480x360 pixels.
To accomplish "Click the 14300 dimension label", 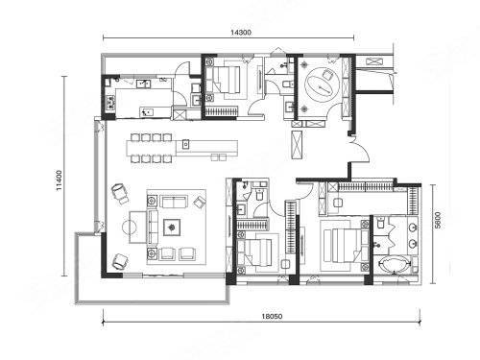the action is click(x=241, y=32).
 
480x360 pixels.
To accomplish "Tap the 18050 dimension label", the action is click(x=272, y=316).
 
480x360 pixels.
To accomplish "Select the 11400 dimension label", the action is click(x=60, y=180).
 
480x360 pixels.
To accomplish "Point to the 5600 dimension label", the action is click(x=438, y=220).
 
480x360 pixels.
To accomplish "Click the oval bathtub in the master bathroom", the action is click(x=394, y=264).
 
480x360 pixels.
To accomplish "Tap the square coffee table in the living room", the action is click(x=172, y=228).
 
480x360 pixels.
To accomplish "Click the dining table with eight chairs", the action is click(x=151, y=148).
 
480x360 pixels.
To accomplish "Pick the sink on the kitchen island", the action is click(x=185, y=145).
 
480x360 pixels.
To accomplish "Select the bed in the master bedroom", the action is click(x=342, y=245).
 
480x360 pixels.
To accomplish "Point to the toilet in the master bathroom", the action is click(x=380, y=223).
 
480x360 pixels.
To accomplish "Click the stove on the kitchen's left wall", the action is click(x=109, y=103).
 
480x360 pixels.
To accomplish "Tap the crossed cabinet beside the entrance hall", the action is click(x=297, y=144).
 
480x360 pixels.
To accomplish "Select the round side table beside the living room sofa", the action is click(x=130, y=228).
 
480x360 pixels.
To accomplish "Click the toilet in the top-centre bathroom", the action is click(x=287, y=84).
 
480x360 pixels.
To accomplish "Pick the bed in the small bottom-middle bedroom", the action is click(x=255, y=252).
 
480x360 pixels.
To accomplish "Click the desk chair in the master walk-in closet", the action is click(x=337, y=203).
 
